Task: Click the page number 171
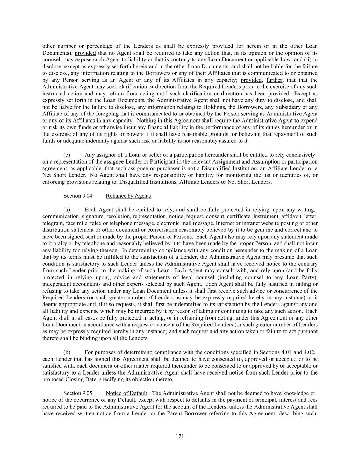(180, 436)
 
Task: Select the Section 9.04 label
(78, 196)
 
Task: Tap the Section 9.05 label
(78, 393)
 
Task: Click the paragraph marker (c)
(67, 155)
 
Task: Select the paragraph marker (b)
(67, 352)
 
